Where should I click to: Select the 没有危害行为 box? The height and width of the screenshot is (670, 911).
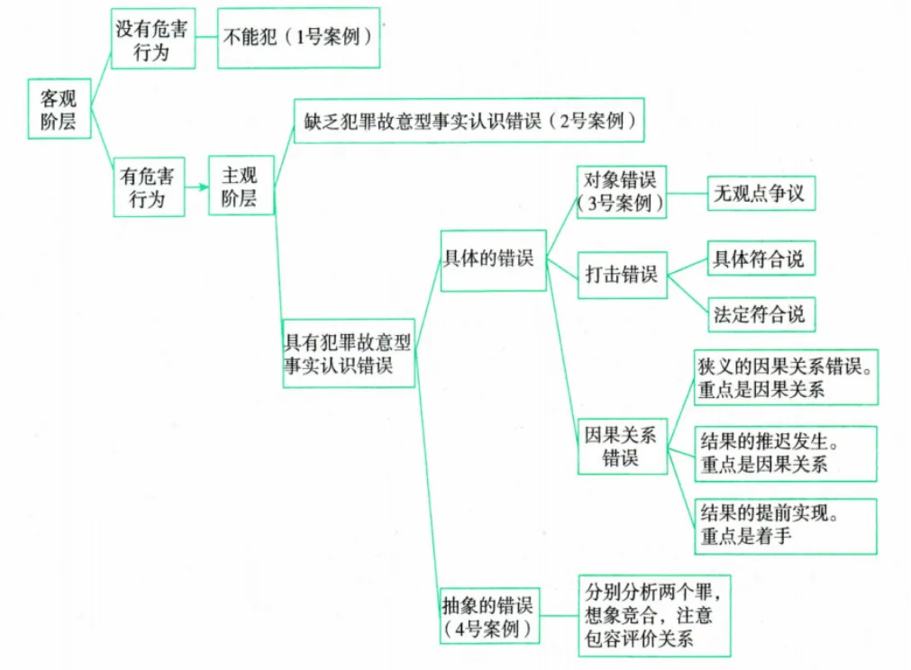[x=151, y=39]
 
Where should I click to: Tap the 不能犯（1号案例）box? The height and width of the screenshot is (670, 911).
[x=298, y=40]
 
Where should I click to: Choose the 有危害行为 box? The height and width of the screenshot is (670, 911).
[x=148, y=186]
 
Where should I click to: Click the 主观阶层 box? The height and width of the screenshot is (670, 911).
[x=241, y=186]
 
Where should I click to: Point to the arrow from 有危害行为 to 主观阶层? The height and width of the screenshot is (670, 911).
[x=196, y=187]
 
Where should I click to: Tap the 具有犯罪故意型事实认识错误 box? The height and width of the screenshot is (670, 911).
[x=349, y=353]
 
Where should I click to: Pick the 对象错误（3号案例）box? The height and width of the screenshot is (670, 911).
[x=620, y=191]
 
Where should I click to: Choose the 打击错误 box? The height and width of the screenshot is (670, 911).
[x=621, y=275]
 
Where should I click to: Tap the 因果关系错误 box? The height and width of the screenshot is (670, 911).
[x=621, y=446]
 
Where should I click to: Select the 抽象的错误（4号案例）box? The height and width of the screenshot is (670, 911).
[x=489, y=616]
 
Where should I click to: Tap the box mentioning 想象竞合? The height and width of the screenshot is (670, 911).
[x=653, y=616]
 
